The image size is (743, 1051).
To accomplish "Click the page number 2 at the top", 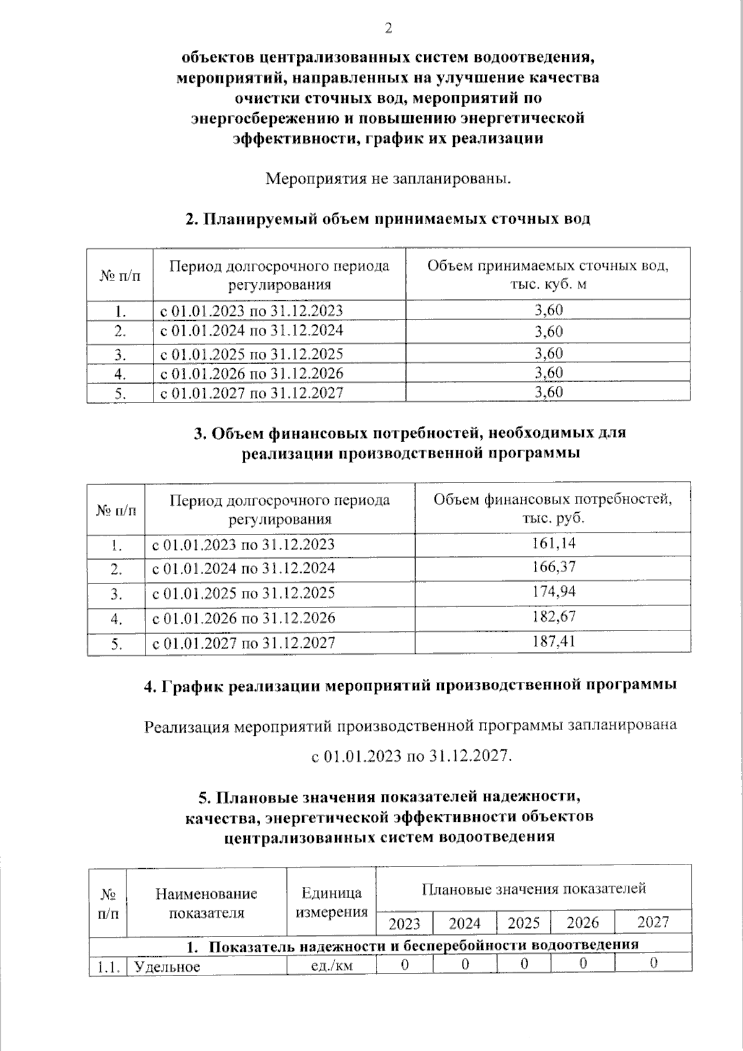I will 388,28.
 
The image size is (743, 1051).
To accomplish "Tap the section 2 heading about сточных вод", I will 388,219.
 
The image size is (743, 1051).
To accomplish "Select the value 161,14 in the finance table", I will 554,544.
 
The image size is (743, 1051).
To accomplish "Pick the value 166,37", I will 554,567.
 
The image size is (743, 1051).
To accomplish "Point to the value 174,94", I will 554,591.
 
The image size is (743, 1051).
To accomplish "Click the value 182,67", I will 554,616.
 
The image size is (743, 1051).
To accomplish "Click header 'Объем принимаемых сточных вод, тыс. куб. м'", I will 548,274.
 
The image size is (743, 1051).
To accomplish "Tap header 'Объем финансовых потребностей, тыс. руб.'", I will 553,508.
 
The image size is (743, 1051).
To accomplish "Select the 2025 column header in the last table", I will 524,923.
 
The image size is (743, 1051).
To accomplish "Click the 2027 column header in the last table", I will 653,922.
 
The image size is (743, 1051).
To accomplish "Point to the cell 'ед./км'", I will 331,965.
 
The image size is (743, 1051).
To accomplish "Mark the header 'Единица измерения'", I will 331,902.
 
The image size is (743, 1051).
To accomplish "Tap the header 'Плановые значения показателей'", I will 534,889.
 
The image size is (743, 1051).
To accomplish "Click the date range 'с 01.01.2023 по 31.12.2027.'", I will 412,756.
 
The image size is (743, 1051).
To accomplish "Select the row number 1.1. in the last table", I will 108,966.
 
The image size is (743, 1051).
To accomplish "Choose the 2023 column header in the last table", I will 404,923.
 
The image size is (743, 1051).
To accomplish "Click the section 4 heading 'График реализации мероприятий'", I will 410,686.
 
